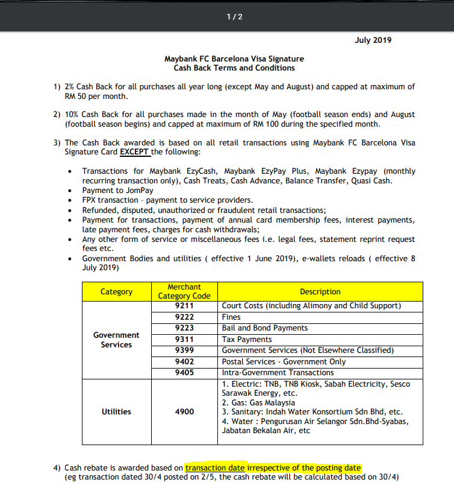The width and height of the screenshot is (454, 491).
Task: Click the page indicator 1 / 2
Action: pyautogui.click(x=234, y=16)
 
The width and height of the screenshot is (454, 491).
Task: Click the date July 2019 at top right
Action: pyautogui.click(x=373, y=40)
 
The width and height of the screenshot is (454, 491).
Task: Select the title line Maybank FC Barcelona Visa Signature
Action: pyautogui.click(x=234, y=59)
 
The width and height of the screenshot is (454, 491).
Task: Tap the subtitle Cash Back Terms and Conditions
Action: pyautogui.click(x=234, y=68)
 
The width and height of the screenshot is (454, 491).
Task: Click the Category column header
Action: pyautogui.click(x=116, y=292)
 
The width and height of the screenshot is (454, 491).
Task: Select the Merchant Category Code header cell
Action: pyautogui.click(x=184, y=291)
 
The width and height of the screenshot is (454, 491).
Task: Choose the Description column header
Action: pyautogui.click(x=320, y=292)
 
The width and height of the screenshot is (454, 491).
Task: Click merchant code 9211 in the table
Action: pyautogui.click(x=184, y=306)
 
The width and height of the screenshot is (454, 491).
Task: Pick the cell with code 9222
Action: pyautogui.click(x=184, y=317)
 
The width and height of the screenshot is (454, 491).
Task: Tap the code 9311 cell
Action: pyautogui.click(x=184, y=340)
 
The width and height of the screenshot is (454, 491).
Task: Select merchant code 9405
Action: pyautogui.click(x=184, y=373)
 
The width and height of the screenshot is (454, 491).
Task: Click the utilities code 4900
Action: pyautogui.click(x=184, y=411)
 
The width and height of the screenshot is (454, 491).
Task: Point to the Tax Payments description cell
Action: pyautogui.click(x=247, y=340)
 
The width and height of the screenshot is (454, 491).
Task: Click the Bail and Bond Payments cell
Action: pyautogui.click(x=265, y=328)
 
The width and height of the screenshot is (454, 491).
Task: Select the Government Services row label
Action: pyautogui.click(x=116, y=340)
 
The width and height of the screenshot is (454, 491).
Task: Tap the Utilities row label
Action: pyautogui.click(x=116, y=411)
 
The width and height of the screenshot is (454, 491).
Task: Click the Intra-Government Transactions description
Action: pyautogui.click(x=278, y=373)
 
